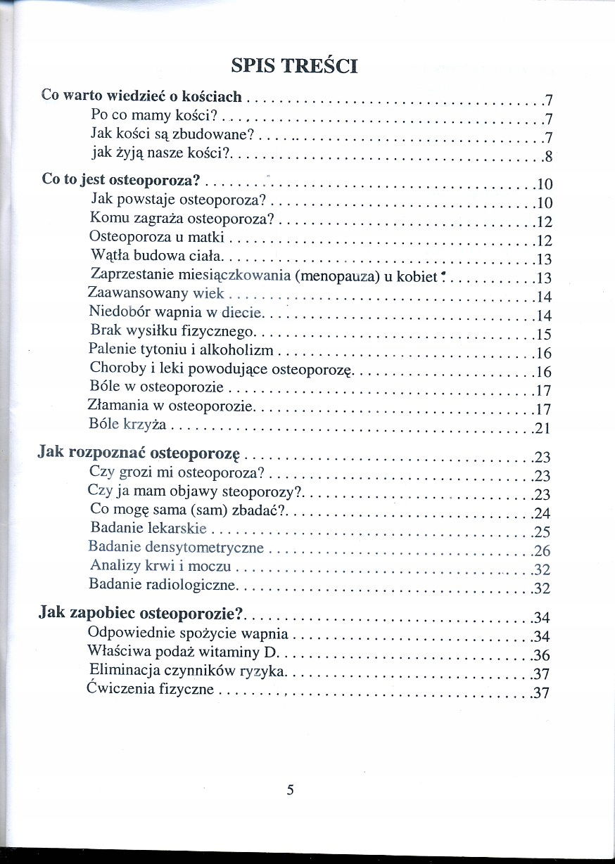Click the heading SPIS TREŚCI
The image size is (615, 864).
tap(295, 66)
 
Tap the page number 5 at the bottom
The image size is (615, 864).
tap(290, 789)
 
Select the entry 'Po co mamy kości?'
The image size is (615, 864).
tap(153, 115)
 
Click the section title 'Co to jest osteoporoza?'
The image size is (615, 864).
tap(122, 180)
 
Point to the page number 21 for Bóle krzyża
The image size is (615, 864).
tap(542, 428)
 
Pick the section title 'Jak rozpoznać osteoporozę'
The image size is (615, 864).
tap(139, 453)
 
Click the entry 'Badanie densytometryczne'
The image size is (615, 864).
tap(176, 547)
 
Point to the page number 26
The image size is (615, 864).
tap(542, 550)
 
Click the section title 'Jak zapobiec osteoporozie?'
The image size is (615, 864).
tap(141, 614)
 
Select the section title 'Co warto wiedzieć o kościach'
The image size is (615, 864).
tap(141, 96)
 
